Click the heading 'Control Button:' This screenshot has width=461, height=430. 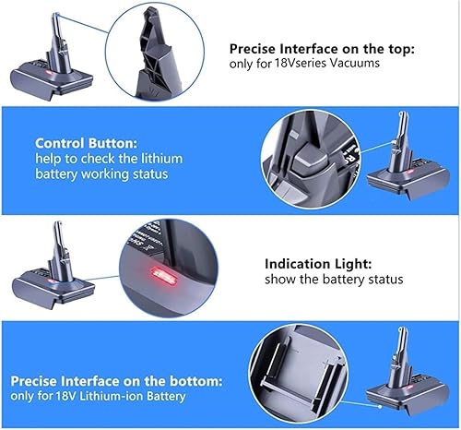pos(86,143)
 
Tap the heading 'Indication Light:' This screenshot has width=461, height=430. pos(318,264)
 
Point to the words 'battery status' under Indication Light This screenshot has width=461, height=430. pos(362,280)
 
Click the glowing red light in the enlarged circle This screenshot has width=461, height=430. pos(162,276)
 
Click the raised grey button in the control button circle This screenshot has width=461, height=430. pos(309,159)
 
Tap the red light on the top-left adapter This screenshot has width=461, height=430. pos(48,73)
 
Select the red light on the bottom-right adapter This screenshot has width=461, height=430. pos(410,388)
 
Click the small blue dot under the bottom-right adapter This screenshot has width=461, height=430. pos(380,407)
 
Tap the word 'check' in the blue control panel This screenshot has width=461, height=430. pos(98,159)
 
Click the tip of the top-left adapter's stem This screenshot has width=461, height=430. pos(55,14)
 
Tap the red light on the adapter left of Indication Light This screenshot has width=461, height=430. pos(50,281)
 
